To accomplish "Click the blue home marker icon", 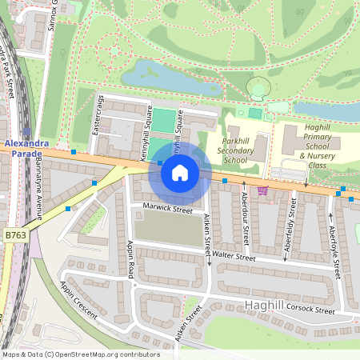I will coord(180,172).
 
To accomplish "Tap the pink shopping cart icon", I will coord(262,190).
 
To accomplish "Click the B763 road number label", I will coord(15,235).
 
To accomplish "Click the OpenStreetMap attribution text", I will coord(80,354).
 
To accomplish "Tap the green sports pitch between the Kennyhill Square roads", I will coord(163,122).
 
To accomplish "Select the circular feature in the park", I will coord(258,89).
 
